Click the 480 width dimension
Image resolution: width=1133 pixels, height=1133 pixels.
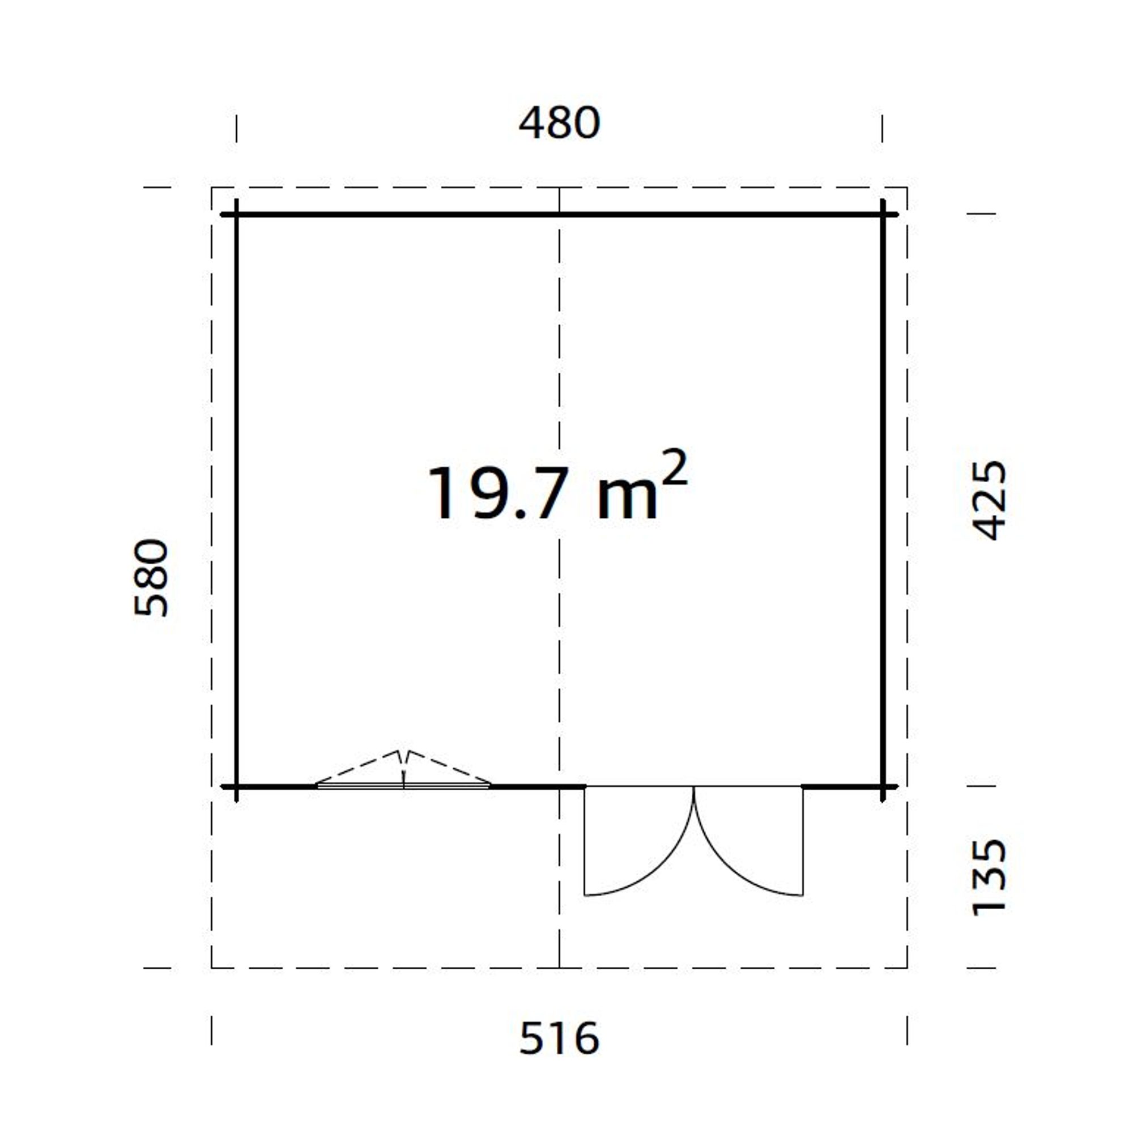click(559, 122)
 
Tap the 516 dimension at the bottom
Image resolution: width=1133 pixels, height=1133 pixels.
click(559, 1038)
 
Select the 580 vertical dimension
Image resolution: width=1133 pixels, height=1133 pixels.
click(151, 578)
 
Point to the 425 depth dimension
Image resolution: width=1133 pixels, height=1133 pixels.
click(989, 500)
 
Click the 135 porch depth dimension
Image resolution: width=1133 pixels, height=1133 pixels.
click(989, 878)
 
